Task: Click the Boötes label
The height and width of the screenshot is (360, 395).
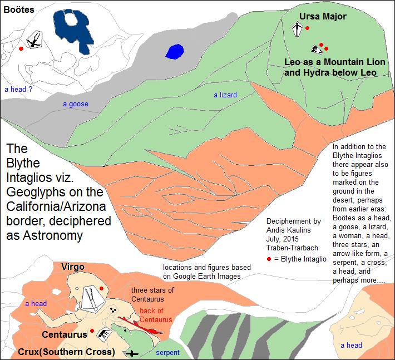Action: click(19, 9)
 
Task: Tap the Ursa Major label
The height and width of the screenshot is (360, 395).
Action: click(323, 16)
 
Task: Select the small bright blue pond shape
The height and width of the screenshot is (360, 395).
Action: click(175, 52)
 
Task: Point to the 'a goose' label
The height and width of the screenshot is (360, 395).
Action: click(75, 104)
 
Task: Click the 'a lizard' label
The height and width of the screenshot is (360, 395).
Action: click(225, 95)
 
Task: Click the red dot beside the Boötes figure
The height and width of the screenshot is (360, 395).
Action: click(21, 49)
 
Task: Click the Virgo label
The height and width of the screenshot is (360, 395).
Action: click(72, 267)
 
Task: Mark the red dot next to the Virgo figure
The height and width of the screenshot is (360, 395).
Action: click(101, 288)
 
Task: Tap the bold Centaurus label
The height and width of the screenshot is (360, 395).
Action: click(65, 334)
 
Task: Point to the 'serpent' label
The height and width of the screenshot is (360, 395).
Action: click(167, 353)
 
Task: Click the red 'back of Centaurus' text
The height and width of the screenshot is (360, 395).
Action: click(156, 315)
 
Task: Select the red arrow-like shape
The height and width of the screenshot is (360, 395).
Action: click(139, 326)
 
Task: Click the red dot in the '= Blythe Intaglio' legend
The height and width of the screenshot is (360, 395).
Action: click(269, 259)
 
